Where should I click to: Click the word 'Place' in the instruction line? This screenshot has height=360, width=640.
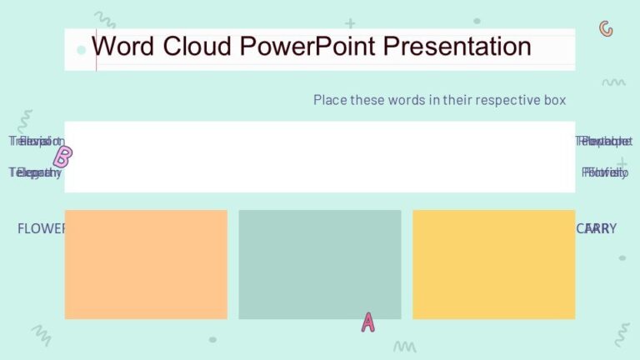329,100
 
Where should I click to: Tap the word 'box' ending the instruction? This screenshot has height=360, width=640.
555,100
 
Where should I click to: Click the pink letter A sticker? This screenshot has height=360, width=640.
367,322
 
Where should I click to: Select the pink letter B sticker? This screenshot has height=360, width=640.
62,157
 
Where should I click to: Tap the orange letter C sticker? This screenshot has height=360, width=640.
606,29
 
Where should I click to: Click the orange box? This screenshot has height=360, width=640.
146,264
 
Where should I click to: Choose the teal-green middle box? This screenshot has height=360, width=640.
320,264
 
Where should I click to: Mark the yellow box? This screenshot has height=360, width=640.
493,264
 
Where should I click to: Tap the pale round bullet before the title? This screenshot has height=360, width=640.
81,50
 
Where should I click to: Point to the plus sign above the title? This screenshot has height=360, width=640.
350,23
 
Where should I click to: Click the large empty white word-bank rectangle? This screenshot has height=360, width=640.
320,157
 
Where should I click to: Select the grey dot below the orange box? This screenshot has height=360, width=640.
212,340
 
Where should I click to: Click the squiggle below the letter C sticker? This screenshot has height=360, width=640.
613,82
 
